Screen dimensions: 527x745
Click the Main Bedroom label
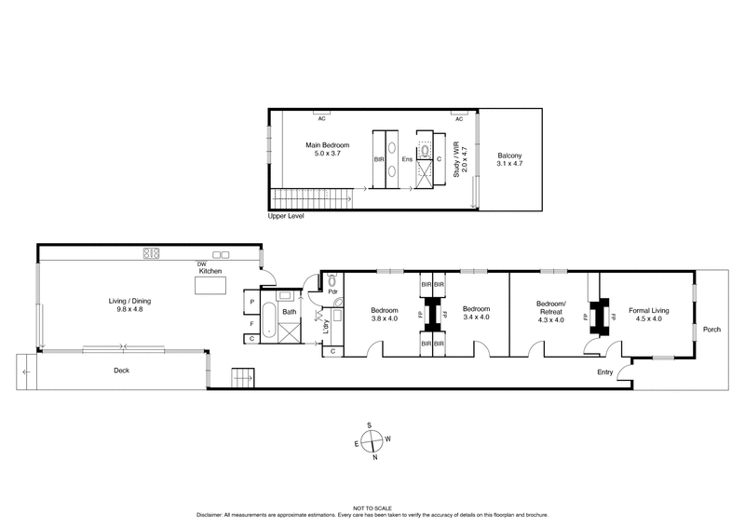coord(328,145)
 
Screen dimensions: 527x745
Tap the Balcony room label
coord(509,155)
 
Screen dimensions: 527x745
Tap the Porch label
coord(711,330)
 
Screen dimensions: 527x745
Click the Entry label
coord(606,373)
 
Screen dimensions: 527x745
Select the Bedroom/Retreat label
coord(551,306)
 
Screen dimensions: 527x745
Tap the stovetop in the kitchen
coord(151,252)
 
